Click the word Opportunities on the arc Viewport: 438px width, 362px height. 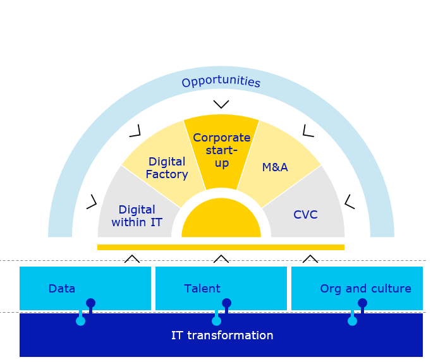point(221,82)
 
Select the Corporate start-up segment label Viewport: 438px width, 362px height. point(221,150)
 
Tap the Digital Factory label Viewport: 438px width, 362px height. point(166,168)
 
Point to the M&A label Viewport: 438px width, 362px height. point(275,167)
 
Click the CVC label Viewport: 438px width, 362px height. point(305,215)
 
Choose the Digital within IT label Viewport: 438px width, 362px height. point(137,215)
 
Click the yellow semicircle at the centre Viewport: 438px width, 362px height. point(221,221)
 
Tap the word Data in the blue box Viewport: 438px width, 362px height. point(62,289)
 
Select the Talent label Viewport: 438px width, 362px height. point(202,289)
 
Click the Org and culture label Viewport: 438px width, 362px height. point(365,289)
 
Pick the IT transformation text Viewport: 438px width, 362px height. point(222,335)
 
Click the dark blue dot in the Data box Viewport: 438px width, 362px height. point(91,303)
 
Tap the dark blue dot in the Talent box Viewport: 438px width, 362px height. point(226,303)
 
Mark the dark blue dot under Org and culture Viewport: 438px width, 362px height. point(362,303)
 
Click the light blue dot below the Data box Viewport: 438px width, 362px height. point(80,321)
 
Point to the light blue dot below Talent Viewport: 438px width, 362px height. point(216,321)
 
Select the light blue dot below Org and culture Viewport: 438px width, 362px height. point(352,321)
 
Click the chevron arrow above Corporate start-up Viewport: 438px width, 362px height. point(221,104)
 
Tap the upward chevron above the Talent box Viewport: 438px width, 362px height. point(221,258)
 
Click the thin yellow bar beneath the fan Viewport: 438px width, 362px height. point(221,247)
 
